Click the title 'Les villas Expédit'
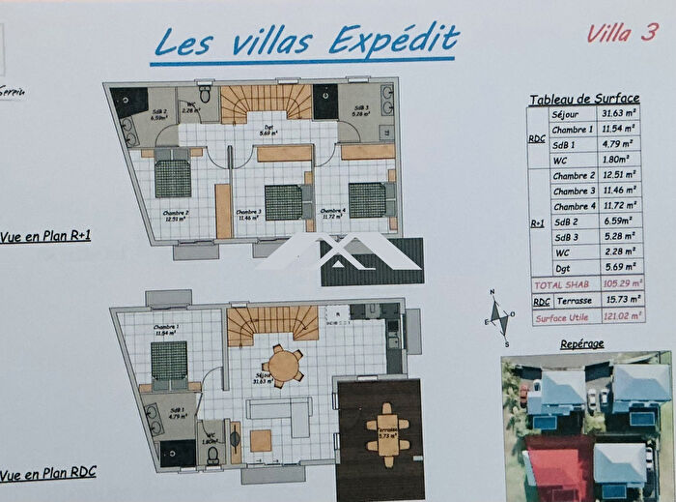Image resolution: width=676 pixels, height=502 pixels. click(306, 42)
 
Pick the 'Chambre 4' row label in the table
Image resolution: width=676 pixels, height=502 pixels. click(574, 206)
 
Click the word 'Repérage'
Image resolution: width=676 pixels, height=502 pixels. click(581, 344)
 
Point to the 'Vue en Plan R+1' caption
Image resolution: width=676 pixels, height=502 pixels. click(45, 233)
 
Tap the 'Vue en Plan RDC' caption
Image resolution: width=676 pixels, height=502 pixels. click(47, 476)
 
